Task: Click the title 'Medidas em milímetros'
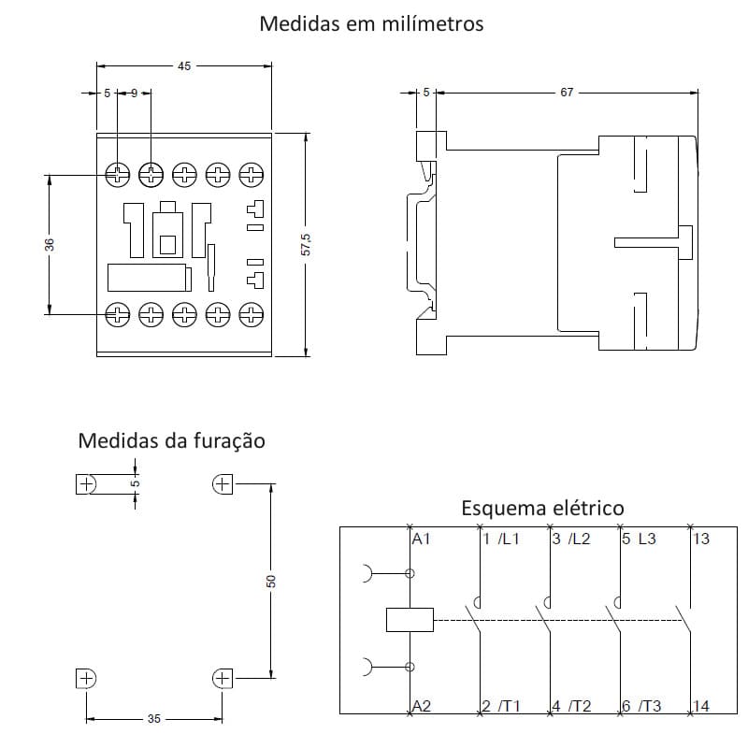tap(371, 24)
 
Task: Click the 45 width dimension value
tap(183, 66)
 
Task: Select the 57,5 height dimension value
tap(306, 245)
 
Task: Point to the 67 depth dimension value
tap(567, 93)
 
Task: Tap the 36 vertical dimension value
tap(50, 244)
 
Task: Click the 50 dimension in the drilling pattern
tap(271, 581)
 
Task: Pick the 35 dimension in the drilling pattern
tap(154, 719)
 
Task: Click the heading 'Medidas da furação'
tap(171, 440)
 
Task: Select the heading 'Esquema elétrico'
tap(542, 509)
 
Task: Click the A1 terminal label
tap(422, 539)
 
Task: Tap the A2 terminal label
tap(422, 706)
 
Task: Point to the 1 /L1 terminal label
tap(501, 539)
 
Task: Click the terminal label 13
tap(702, 539)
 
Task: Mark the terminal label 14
tap(702, 706)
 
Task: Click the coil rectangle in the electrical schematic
tap(409, 619)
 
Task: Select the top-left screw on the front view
tap(118, 174)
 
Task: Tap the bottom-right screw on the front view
tap(251, 313)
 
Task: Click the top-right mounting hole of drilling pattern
tap(223, 483)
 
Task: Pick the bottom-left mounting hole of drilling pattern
tap(86, 678)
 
